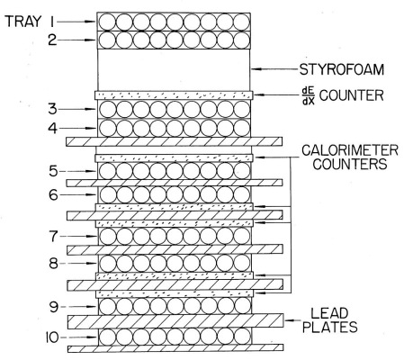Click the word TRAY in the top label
[23, 22]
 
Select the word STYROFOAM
[342, 69]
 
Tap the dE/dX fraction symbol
[307, 95]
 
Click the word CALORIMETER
[350, 150]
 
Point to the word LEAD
[329, 313]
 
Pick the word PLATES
[330, 327]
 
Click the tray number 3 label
[53, 109]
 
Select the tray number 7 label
[53, 237]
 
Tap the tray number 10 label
[52, 337]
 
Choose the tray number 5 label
[53, 171]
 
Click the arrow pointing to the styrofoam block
[274, 69]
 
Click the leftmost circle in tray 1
[107, 22]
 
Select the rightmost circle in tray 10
[242, 337]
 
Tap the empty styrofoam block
[174, 70]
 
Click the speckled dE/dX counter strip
[174, 95]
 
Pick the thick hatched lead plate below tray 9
[175, 321]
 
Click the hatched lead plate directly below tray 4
[174, 141]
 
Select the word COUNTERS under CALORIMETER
[350, 164]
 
